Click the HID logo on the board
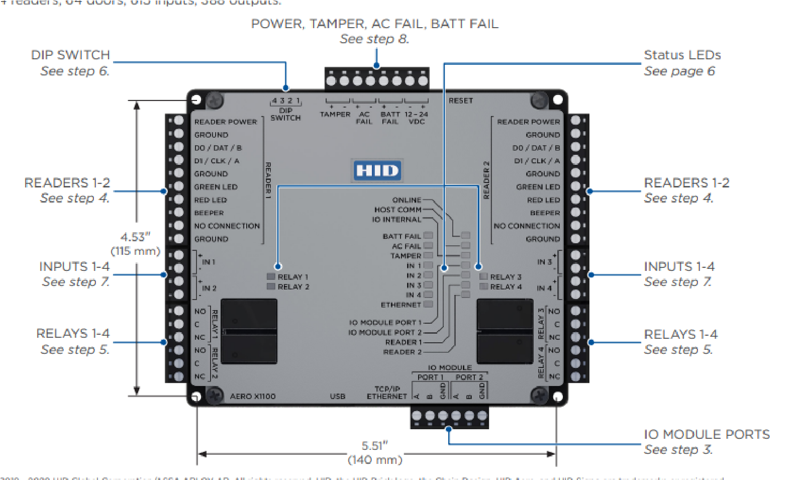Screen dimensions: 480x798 [377, 171]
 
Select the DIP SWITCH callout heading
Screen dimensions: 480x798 [70, 55]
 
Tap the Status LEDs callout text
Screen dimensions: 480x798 [682, 55]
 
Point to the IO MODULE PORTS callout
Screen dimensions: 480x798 [707, 434]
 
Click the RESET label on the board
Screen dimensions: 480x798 [461, 101]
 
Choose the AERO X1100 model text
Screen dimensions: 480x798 [253, 396]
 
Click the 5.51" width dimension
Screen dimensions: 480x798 [375, 446]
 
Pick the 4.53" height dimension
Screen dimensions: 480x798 [135, 237]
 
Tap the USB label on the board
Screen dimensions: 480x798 [338, 396]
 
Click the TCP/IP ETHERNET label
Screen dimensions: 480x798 [387, 393]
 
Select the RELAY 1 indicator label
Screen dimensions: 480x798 [292, 277]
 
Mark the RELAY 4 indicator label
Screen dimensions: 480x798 [506, 286]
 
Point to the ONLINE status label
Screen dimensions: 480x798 [407, 200]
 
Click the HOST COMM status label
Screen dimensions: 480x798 [397, 210]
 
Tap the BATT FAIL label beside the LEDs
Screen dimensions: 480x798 [402, 236]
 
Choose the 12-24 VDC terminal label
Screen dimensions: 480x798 [416, 118]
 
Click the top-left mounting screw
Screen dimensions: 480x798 [215, 100]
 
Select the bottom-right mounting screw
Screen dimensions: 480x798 [540, 396]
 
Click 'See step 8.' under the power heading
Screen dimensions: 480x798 [374, 39]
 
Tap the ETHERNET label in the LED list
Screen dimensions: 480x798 [401, 305]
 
